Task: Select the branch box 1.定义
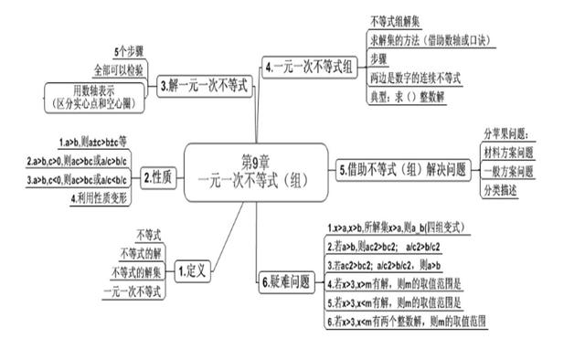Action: pyautogui.click(x=194, y=270)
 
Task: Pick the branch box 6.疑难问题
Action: pyautogui.click(x=286, y=281)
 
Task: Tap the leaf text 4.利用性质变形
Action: pyautogui.click(x=101, y=198)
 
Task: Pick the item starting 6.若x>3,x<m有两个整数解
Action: pyautogui.click(x=406, y=322)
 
